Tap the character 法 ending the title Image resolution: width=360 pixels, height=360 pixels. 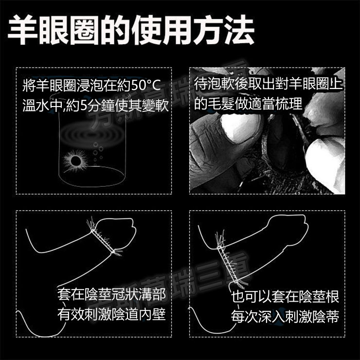pyautogui.click(x=239, y=30)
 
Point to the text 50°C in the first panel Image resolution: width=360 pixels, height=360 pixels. pyautogui.click(x=146, y=86)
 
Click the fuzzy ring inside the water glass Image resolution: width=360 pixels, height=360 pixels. pyautogui.click(x=75, y=161)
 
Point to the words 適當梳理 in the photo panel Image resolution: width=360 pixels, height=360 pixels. pyautogui.click(x=274, y=104)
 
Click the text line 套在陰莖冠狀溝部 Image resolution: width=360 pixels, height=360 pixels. pyautogui.click(x=111, y=295)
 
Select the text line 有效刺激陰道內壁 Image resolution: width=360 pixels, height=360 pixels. pyautogui.click(x=111, y=315)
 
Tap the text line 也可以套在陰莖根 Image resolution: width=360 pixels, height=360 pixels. pyautogui.click(x=285, y=297)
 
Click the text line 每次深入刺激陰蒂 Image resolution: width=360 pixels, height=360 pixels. pyautogui.click(x=285, y=316)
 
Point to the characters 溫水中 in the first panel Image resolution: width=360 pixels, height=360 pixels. pyautogui.click(x=42, y=106)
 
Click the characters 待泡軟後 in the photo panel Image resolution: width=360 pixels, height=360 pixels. pyautogui.click(x=221, y=84)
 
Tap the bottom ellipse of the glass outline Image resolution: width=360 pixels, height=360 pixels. pyautogui.click(x=92, y=176)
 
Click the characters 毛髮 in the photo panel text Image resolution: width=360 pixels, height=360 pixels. pyautogui.click(x=221, y=104)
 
